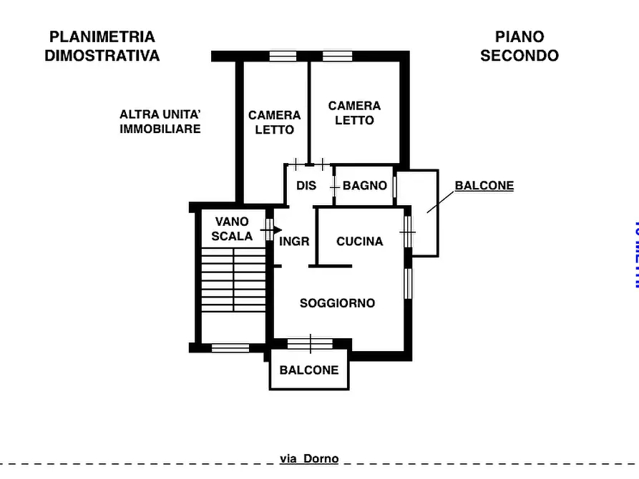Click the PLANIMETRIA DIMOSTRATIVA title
[102, 46]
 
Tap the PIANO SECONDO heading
[520, 46]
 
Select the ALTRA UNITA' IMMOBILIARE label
[160, 122]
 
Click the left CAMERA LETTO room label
[275, 122]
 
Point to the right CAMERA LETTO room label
[354, 113]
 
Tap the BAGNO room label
[365, 186]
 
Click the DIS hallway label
[306, 186]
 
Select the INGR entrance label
[294, 242]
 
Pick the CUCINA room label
[360, 242]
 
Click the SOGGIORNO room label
[337, 303]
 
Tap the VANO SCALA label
[232, 229]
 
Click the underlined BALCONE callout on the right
[484, 186]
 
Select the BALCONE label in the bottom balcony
[309, 370]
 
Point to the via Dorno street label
[309, 459]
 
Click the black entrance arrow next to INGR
[276, 229]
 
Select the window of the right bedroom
[337, 56]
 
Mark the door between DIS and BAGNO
[333, 186]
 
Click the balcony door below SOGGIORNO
[310, 344]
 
